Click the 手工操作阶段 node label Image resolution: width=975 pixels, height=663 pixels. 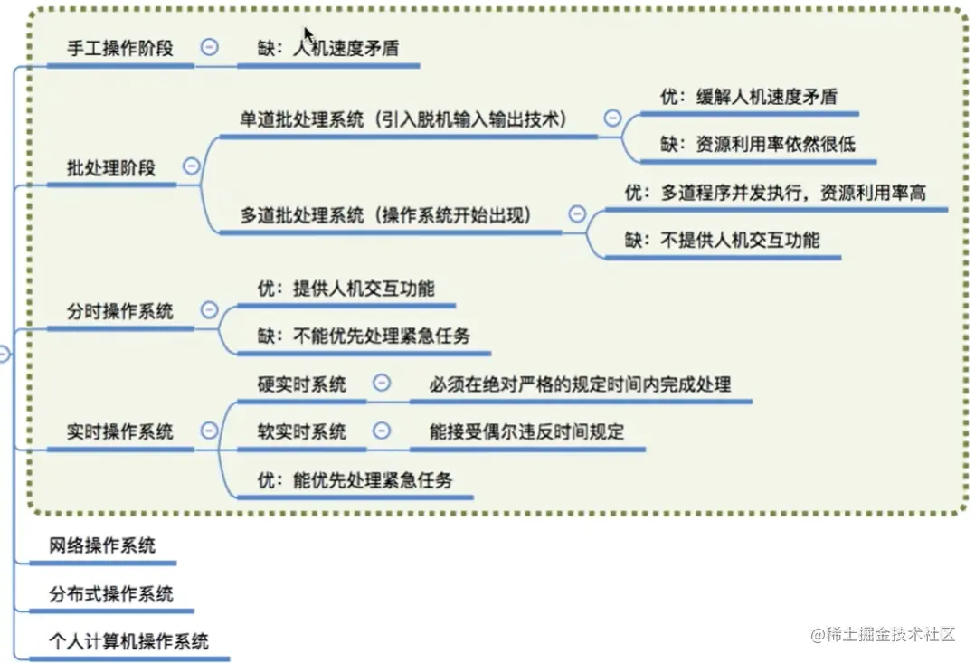click(x=120, y=49)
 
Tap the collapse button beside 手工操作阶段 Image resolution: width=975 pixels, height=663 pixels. click(x=209, y=47)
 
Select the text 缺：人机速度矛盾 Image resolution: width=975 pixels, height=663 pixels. click(x=328, y=49)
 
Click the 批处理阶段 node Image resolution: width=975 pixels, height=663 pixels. click(x=111, y=167)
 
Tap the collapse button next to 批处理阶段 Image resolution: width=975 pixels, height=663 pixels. click(x=191, y=166)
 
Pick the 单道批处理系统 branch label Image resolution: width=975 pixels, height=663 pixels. click(x=402, y=119)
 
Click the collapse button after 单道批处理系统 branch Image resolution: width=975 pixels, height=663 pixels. click(x=612, y=118)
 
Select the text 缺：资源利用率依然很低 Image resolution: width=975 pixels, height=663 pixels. click(x=757, y=144)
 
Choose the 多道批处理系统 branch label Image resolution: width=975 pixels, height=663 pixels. click(x=385, y=215)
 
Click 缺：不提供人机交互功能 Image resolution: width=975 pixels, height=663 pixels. click(x=723, y=240)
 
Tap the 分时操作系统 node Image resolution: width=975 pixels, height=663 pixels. click(x=120, y=311)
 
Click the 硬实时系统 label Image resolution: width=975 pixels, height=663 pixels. click(x=302, y=384)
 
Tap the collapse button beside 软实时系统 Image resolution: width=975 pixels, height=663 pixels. click(x=382, y=431)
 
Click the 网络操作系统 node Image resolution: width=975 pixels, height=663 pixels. click(x=102, y=545)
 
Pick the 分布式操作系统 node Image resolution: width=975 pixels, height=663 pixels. click(x=111, y=594)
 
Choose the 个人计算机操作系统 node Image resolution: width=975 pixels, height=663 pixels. click(x=129, y=641)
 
